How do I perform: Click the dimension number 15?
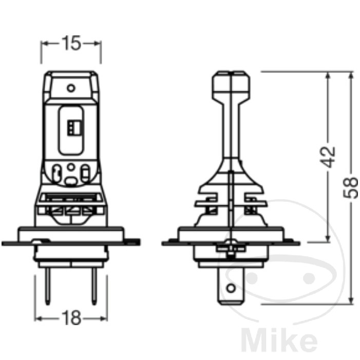tap(71, 43)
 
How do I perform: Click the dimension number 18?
tap(72, 318)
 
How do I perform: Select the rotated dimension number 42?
tap(328, 157)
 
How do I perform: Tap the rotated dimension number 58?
tap(350, 187)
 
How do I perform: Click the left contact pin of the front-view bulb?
tap(48, 286)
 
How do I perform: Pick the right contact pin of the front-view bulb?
tap(94, 286)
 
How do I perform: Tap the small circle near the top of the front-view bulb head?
tap(71, 88)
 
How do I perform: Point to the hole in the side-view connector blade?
tap(231, 288)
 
